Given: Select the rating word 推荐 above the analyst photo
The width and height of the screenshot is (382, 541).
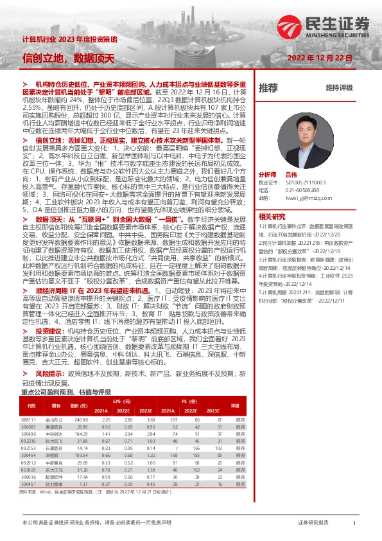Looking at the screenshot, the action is click(x=268, y=87).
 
